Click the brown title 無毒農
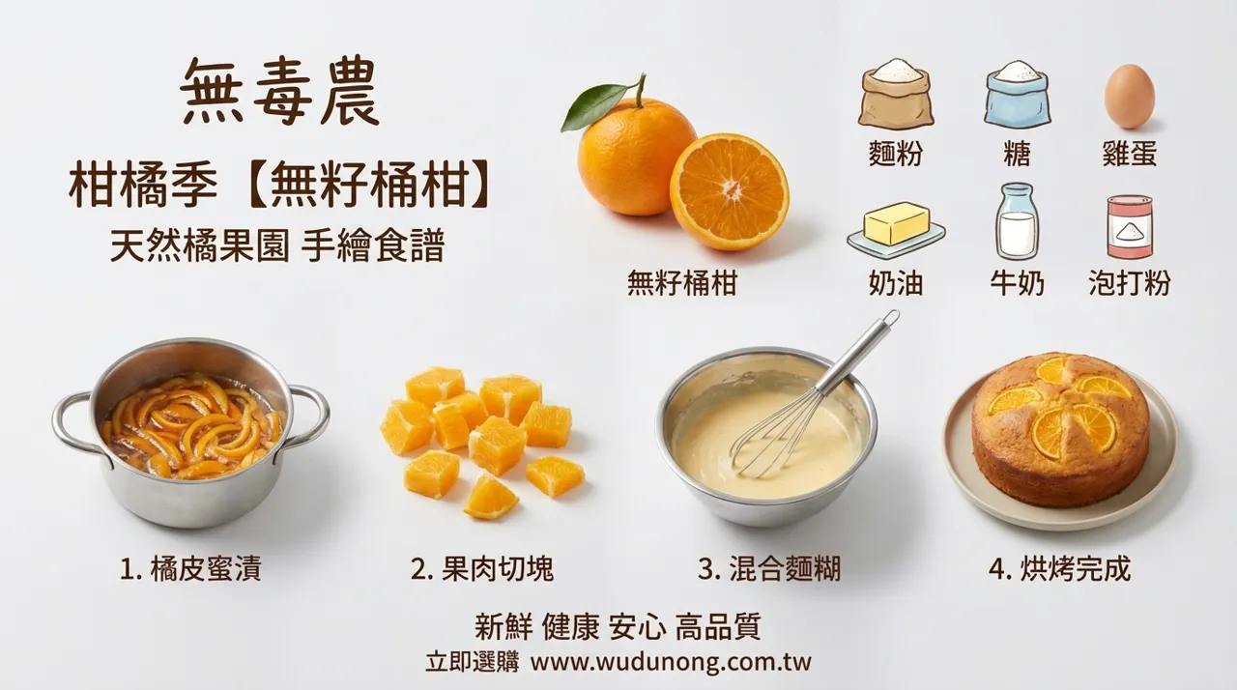point(279,92)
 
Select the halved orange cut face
point(729,191)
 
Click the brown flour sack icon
point(896,94)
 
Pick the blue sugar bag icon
point(1017,95)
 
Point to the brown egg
point(1130,96)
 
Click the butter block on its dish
point(897,223)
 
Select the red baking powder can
point(1130,226)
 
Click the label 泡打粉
point(1130,283)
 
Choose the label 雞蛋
point(1130,154)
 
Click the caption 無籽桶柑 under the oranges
point(682,283)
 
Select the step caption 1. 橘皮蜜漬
point(190,569)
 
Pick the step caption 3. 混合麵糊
point(769,569)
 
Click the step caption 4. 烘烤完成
point(1059,569)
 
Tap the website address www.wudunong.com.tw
point(671,662)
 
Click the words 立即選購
point(473,662)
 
